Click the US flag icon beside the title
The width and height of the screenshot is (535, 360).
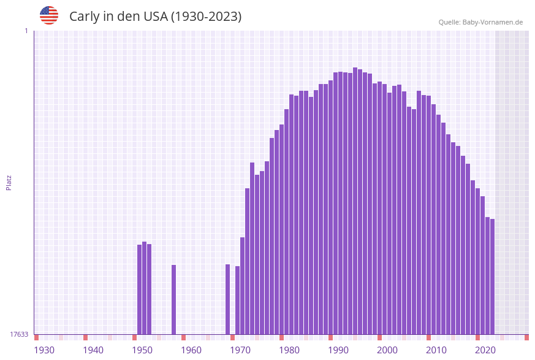(x=49, y=15)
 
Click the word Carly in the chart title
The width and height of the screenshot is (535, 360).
(x=84, y=17)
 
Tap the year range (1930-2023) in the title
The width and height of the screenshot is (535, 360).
(x=206, y=17)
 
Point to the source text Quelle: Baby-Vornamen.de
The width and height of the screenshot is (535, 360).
(x=480, y=22)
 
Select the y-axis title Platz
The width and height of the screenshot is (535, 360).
(x=9, y=182)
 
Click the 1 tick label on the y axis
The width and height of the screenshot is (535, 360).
(x=26, y=31)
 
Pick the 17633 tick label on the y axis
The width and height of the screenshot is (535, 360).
(x=19, y=334)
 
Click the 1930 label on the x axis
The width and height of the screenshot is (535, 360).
(x=44, y=350)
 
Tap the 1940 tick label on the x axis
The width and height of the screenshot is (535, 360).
(x=93, y=350)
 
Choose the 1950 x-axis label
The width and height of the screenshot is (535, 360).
(x=142, y=350)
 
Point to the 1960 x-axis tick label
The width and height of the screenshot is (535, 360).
(x=191, y=350)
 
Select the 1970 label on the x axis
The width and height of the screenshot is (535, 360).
(x=240, y=350)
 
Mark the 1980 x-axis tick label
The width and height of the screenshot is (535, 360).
(x=289, y=350)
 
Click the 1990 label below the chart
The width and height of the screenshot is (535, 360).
(x=338, y=350)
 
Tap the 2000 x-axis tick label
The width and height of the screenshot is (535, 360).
(x=387, y=350)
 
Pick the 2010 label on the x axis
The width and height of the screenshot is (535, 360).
(x=436, y=350)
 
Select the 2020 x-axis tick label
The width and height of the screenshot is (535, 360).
(x=485, y=350)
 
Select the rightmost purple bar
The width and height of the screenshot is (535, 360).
(x=492, y=276)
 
